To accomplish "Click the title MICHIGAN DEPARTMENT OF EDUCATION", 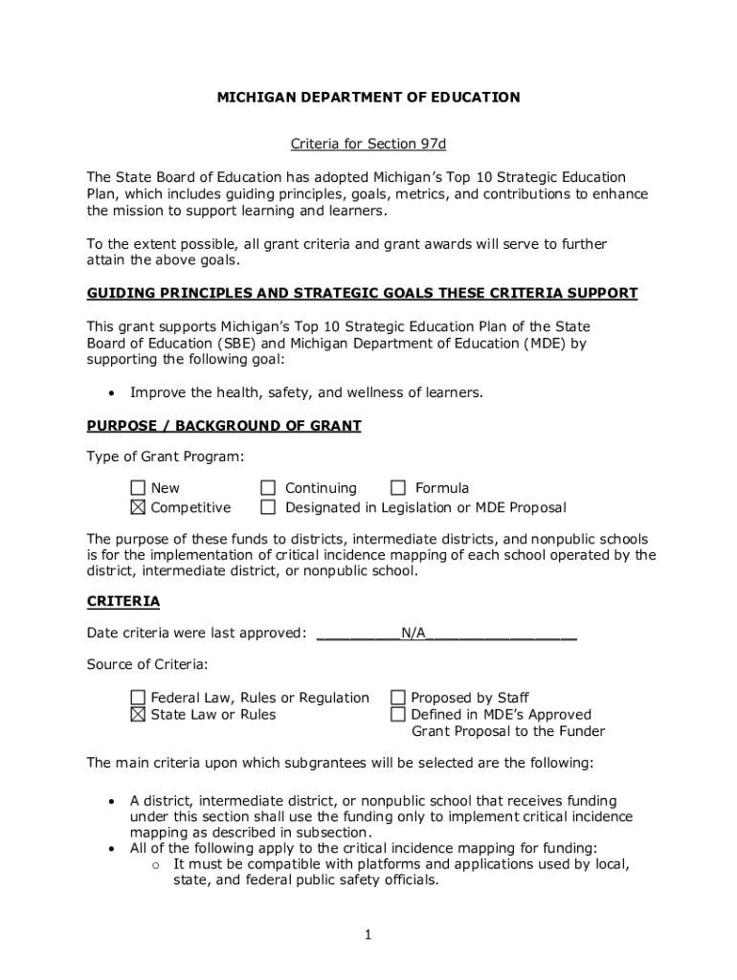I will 368,97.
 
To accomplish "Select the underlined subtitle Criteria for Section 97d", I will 368,145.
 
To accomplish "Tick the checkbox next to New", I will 138,489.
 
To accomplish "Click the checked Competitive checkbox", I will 138,507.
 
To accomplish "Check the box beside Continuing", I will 268,489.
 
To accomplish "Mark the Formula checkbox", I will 397,489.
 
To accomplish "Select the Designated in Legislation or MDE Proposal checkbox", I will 268,507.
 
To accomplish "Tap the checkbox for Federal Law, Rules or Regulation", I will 138,698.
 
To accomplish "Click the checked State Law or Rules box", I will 138,715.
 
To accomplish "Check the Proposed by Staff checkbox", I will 397,698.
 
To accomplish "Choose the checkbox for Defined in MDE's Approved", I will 397,715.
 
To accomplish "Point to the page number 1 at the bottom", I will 368,934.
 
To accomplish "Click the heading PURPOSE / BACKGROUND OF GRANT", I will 224,426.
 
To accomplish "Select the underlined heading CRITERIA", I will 123,601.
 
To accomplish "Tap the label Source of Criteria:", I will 147,664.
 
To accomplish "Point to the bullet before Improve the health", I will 113,393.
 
